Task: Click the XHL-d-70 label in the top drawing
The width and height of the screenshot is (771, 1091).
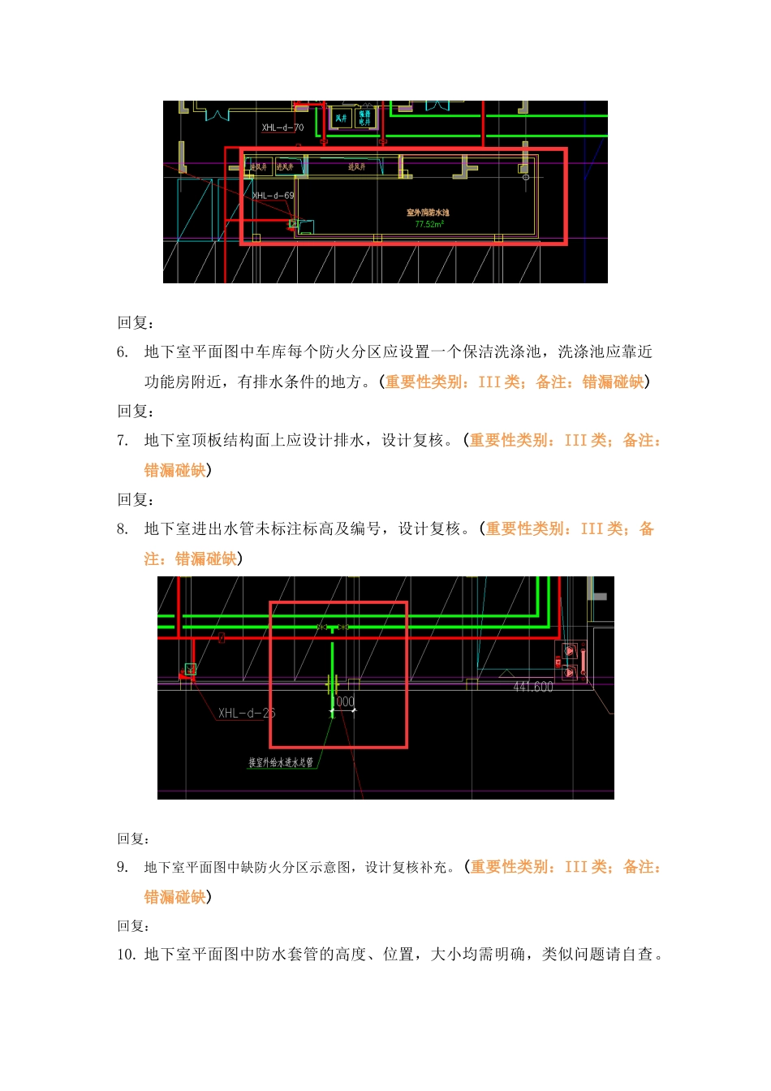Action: (282, 127)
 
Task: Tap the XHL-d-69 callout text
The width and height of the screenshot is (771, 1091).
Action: (274, 196)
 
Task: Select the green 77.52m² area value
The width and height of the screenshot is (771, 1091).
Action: (429, 224)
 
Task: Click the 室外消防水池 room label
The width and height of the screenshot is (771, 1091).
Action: (428, 213)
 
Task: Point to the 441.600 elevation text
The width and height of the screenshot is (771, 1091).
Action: (532, 687)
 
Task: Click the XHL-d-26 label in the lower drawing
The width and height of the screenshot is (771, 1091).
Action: (247, 714)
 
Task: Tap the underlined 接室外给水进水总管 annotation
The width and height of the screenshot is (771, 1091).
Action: (281, 762)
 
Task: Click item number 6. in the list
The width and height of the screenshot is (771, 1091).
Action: (123, 352)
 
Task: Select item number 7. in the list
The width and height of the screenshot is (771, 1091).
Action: (123, 441)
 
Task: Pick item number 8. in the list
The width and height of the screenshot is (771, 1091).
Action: (123, 529)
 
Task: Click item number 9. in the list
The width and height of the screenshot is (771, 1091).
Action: (123, 868)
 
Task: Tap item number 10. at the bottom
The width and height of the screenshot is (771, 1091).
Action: (126, 955)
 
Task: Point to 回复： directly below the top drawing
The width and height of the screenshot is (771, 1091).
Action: (136, 323)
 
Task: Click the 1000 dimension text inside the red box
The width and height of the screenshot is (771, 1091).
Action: (344, 701)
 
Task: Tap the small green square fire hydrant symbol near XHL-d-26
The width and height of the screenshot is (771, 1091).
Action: (190, 670)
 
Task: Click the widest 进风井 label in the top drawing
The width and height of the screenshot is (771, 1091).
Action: (357, 167)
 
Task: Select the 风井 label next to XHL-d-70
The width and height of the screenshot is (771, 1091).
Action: (341, 119)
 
